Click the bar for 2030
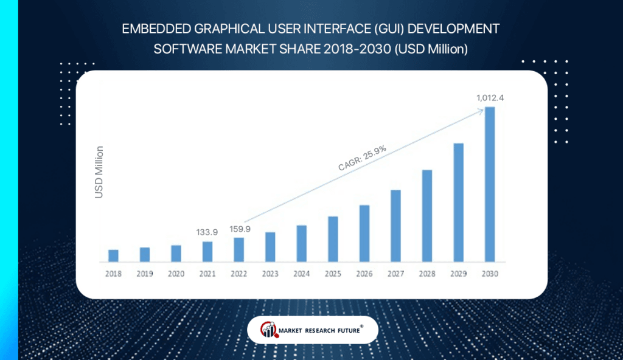pyautogui.click(x=490, y=185)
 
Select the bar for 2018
pyautogui.click(x=113, y=255)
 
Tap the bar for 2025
pyautogui.click(x=333, y=239)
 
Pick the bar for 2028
pyautogui.click(x=427, y=216)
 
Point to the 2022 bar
pyautogui.click(x=239, y=249)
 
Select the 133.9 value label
pyautogui.click(x=207, y=232)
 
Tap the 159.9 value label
pyautogui.click(x=239, y=228)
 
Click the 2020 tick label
pyautogui.click(x=176, y=274)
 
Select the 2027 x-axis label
pyautogui.click(x=395, y=274)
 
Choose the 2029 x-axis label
pyautogui.click(x=458, y=274)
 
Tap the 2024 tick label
pyautogui.click(x=301, y=274)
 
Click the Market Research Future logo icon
pyautogui.click(x=269, y=330)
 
